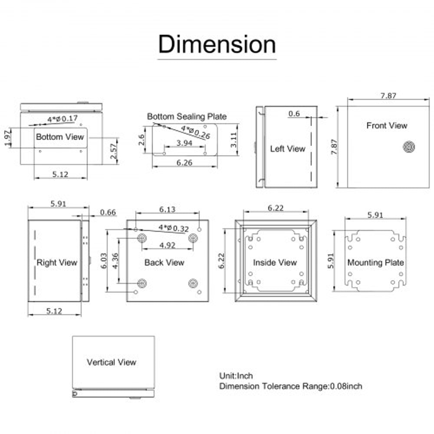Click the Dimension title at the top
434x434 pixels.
click(217, 44)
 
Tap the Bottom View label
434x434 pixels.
click(60, 137)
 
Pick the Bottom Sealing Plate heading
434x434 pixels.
click(187, 116)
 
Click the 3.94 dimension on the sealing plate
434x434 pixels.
click(185, 143)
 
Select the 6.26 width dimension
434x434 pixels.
click(185, 162)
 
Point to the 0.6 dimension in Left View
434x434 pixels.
click(294, 114)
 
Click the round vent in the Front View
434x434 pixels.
click(408, 148)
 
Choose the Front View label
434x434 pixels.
click(387, 125)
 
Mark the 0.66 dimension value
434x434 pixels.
click(108, 212)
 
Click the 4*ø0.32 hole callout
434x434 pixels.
click(174, 227)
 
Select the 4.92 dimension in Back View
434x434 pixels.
click(167, 245)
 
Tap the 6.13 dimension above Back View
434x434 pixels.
click(167, 209)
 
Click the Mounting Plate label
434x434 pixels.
click(375, 263)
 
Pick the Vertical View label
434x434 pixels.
click(112, 362)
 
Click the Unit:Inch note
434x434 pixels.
click(236, 375)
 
